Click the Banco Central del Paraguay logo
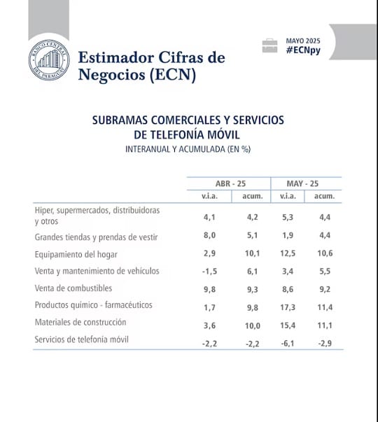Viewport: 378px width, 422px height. coord(49,60)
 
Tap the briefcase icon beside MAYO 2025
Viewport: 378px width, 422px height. coord(269,45)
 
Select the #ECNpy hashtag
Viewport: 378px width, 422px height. coord(303,50)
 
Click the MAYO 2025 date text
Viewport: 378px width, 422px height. coord(303,41)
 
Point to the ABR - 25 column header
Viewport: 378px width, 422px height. coord(230,183)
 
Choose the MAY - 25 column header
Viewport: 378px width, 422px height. coord(302,183)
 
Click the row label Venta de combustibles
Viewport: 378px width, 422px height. coord(73,288)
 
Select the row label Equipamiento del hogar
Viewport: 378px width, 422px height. coord(76,254)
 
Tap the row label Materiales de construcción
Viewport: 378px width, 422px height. coord(80,322)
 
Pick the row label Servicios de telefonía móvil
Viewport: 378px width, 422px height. coord(81,339)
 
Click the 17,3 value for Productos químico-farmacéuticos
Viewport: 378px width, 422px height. coord(288,307)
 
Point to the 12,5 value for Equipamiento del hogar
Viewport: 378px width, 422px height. coord(288,253)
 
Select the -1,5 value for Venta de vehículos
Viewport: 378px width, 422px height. coord(209,272)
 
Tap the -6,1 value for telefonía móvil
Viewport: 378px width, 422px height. coord(288,344)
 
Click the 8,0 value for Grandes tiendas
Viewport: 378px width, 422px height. coord(209,235)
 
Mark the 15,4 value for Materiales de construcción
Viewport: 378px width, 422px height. coord(288,325)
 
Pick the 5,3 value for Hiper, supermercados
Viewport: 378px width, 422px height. coord(288,217)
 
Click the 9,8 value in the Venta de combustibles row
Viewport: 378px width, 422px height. coord(209,289)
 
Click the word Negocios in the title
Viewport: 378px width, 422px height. coord(112,74)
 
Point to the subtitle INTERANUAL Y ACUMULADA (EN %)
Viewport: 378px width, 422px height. coord(188,149)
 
